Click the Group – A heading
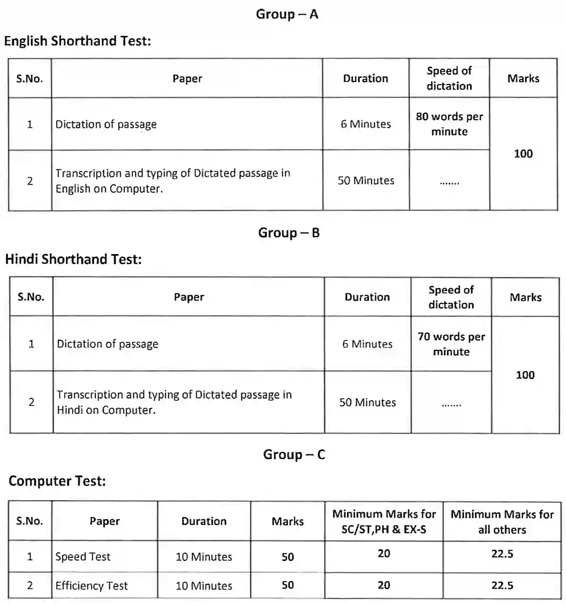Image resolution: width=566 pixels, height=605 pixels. click(x=287, y=14)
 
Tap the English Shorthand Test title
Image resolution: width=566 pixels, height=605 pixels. click(x=78, y=41)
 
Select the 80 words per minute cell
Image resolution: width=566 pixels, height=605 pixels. click(x=449, y=124)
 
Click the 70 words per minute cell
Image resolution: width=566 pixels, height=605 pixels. click(x=451, y=344)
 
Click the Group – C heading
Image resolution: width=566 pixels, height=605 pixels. click(x=294, y=455)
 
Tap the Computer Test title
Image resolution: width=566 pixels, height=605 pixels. click(x=57, y=481)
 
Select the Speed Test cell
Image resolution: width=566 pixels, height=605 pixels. click(x=83, y=556)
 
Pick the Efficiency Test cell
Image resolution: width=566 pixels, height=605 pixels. click(x=92, y=585)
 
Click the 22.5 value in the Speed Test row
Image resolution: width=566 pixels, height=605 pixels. click(x=501, y=554)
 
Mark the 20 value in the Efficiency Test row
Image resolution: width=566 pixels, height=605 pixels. click(x=384, y=585)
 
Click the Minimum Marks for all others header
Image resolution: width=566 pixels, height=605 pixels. click(x=502, y=521)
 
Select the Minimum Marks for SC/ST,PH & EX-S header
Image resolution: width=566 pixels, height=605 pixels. click(x=384, y=521)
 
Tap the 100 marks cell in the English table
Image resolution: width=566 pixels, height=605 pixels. click(x=523, y=153)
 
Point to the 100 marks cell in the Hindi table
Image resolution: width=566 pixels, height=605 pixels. click(x=525, y=375)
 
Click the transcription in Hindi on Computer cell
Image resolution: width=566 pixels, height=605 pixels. click(x=174, y=402)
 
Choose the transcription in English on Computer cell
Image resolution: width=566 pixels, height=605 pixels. click(x=173, y=180)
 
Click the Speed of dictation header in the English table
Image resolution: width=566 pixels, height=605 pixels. click(x=449, y=78)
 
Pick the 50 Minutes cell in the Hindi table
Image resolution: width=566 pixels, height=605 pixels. click(x=367, y=402)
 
